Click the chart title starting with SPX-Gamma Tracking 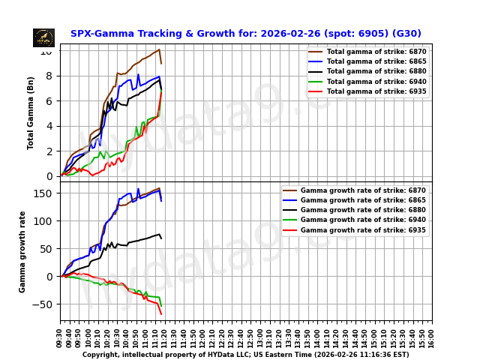[x=245, y=34]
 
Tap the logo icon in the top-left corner [x=43, y=37]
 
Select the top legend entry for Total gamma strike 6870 [x=367, y=51]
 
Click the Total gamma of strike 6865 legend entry [x=367, y=61]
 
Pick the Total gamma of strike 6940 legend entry [x=367, y=81]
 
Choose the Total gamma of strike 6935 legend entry [x=367, y=91]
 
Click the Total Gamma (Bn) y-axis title [x=31, y=112]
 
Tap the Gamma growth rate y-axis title [x=22, y=251]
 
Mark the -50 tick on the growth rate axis [x=45, y=304]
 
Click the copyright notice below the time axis [x=245, y=355]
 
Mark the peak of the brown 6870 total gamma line [x=159, y=49]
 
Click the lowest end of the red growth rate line [x=160, y=314]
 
